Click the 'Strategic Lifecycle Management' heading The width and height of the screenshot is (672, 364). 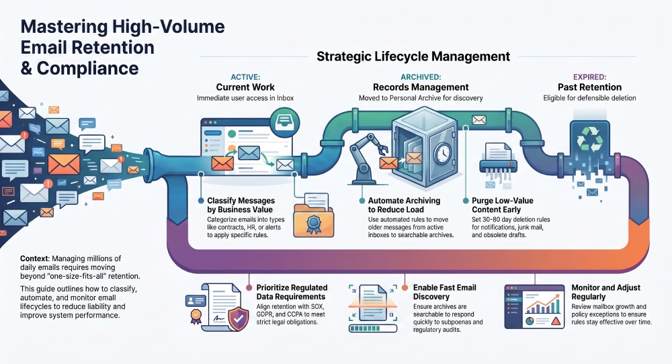tap(413, 56)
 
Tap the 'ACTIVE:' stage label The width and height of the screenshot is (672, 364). tap(245, 77)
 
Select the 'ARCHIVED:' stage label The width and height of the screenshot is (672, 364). tap(421, 77)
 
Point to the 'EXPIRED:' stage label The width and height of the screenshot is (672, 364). tap(589, 77)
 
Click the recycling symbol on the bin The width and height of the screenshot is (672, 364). tap(590, 139)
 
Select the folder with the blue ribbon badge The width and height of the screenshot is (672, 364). tap(313, 216)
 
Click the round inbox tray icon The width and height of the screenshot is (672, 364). tap(285, 122)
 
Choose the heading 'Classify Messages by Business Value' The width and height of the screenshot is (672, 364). tap(241, 205)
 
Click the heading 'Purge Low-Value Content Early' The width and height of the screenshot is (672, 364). tap(502, 205)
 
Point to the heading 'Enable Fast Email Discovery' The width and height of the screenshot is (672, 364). tap(444, 292)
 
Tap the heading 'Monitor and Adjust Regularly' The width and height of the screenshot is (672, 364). tap(605, 292)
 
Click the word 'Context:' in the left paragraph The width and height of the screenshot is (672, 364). tap(35, 259)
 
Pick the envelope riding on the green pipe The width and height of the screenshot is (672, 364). tap(478, 120)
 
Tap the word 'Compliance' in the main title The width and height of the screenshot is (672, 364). tap(87, 69)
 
